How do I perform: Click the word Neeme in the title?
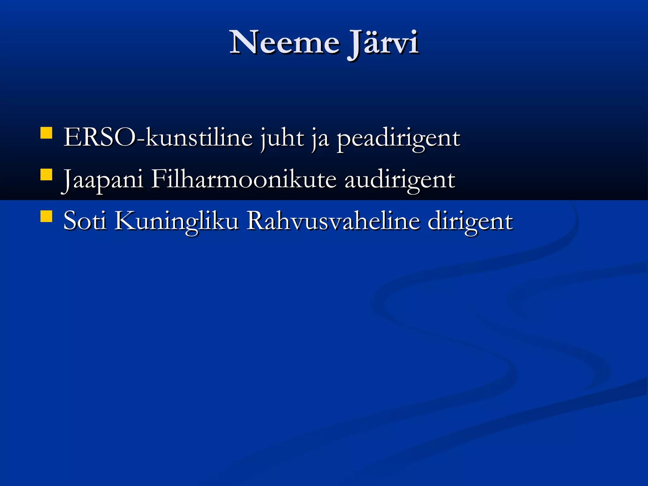click(284, 43)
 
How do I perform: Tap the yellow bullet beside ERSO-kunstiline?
click(46, 133)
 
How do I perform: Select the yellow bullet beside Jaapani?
click(46, 174)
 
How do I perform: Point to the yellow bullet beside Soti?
click(46, 216)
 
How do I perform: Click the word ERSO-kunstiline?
click(158, 138)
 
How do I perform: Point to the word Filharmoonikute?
click(244, 179)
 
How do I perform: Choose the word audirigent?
click(400, 180)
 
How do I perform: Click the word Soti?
click(85, 221)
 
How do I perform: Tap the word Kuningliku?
click(176, 221)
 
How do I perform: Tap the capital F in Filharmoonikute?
click(159, 179)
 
